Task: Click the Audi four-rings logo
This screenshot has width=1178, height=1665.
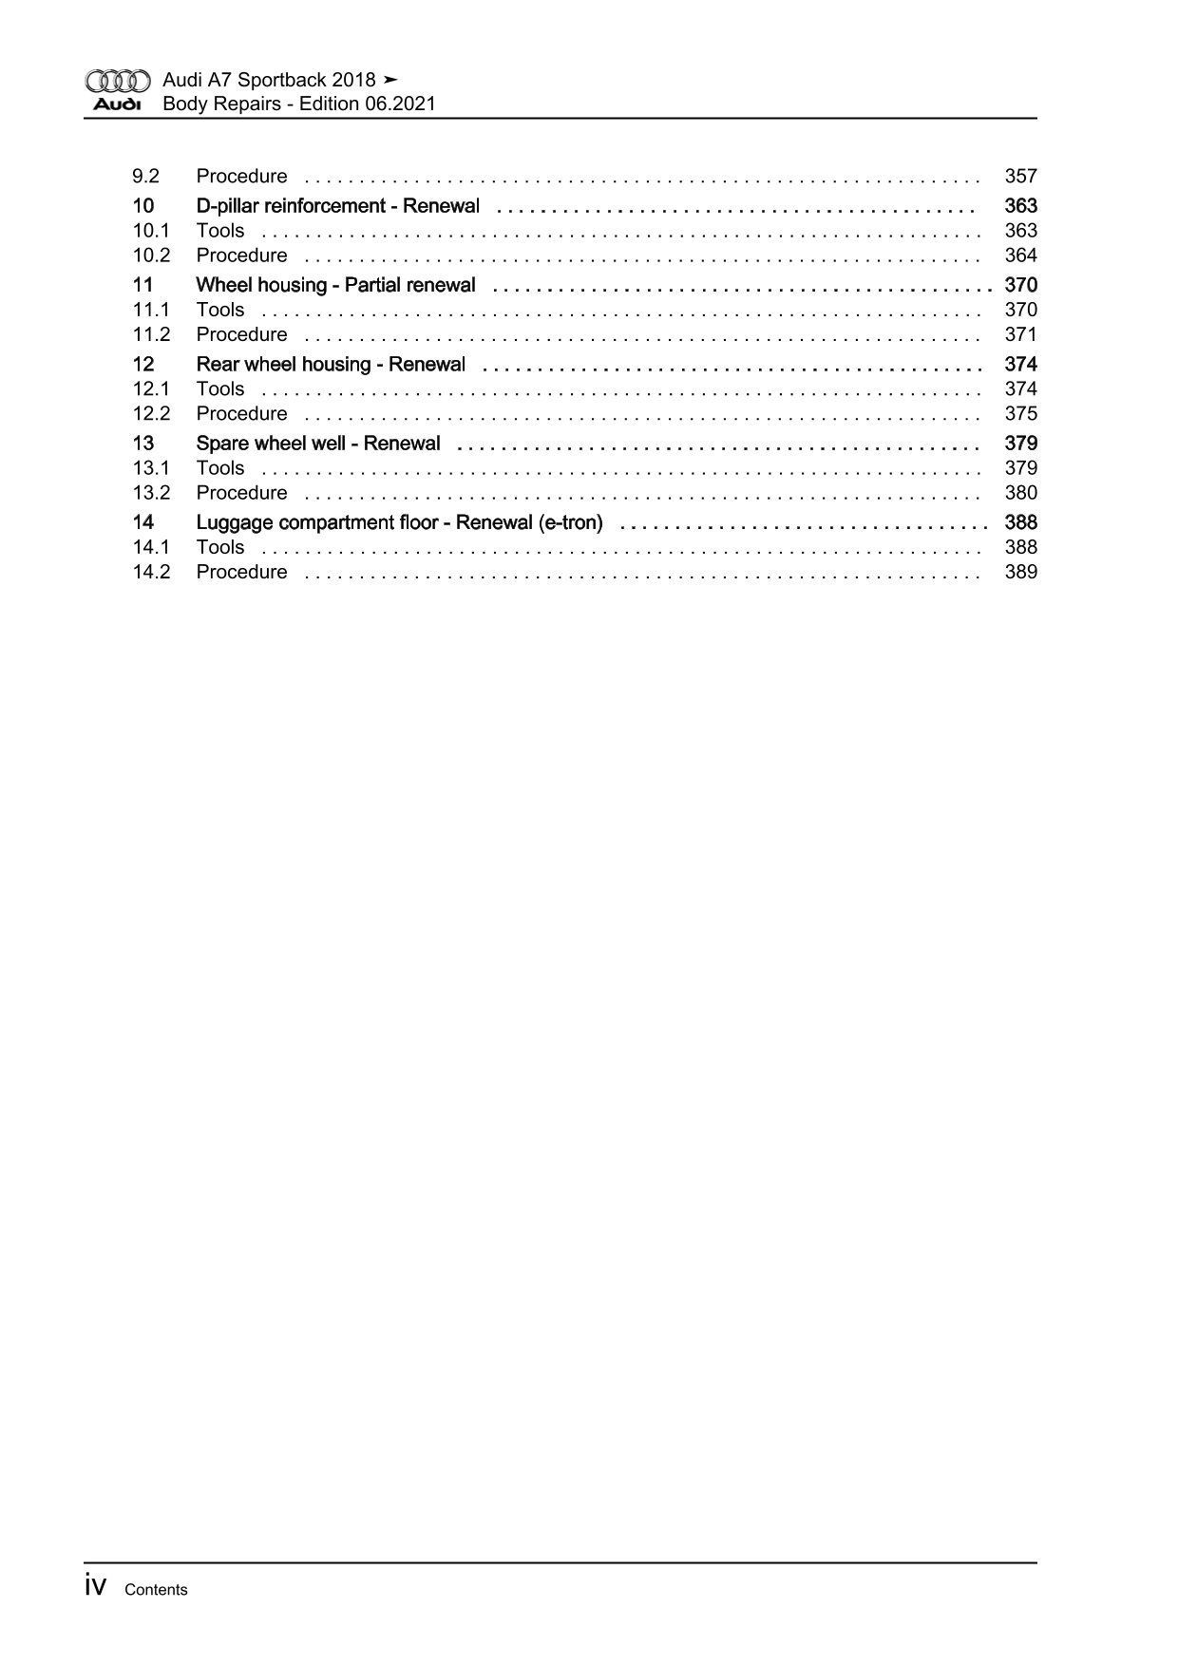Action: coord(117,81)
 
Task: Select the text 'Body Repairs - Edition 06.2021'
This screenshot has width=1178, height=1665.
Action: coord(299,104)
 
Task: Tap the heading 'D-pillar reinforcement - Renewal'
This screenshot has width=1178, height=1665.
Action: coord(337,206)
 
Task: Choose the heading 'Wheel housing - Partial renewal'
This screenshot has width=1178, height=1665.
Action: coord(335,285)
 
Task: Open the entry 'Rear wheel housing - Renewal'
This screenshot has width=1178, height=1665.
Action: coord(331,365)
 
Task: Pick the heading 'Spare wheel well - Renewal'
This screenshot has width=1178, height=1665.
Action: coord(318,444)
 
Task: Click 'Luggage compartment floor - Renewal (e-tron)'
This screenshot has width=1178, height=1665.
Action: coord(399,522)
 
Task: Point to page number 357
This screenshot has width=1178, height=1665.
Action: coord(1020,177)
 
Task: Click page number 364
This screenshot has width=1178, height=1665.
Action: coord(1020,255)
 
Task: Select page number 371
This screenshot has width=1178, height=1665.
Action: coord(1020,334)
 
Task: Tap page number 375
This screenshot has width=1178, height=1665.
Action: coord(1020,414)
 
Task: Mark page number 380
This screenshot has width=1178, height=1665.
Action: coord(1020,493)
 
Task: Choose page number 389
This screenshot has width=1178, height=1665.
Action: coord(1020,572)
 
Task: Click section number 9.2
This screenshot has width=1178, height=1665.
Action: coord(145,177)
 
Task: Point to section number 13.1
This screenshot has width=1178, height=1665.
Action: coord(151,468)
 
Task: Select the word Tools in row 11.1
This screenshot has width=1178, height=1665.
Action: coord(220,310)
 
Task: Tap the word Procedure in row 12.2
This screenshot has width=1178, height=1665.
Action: coord(241,414)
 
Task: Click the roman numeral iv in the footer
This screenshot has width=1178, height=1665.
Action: coord(95,1586)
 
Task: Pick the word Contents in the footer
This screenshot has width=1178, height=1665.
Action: coord(156,1590)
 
